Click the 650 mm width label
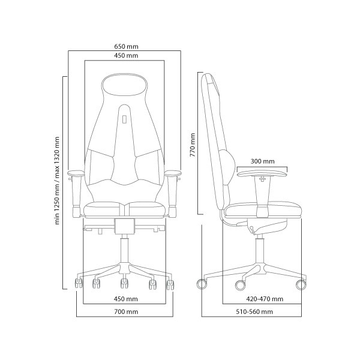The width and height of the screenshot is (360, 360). pos(126,47)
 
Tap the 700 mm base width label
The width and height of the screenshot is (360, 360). pos(126,311)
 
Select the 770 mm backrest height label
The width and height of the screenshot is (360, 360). pos(193,145)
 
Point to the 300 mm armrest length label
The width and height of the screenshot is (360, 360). pos(262,161)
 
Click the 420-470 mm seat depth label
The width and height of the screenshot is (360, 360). pos(265,299)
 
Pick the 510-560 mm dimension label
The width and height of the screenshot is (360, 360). pos(254,311)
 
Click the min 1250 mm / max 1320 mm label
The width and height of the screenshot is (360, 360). pos(57,181)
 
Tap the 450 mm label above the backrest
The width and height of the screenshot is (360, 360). pos(126,56)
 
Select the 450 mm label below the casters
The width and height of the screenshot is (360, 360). pos(126,299)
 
